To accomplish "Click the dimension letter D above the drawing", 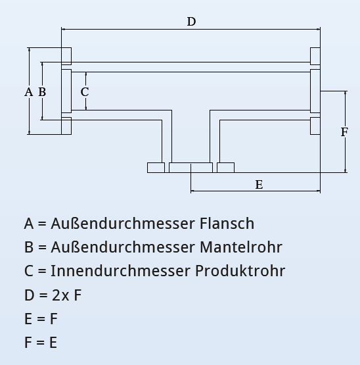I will pos(191,22).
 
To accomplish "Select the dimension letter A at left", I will pos(28,92).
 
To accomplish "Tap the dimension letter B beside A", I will pos(42,92).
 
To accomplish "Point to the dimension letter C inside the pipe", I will pos(85,92).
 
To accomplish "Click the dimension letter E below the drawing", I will pos(259,185).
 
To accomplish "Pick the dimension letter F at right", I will pos(344,132).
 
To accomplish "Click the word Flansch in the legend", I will pos(226,224).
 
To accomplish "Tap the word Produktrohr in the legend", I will pos(240,271).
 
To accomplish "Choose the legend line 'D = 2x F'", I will pos(53,295).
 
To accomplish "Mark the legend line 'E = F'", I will pos(41,318).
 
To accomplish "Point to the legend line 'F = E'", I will pos(41,342).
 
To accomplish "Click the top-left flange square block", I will pos(66,56).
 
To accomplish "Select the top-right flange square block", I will pos(315,56).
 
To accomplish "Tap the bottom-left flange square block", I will pos(66,126).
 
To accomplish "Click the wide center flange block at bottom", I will pos(191,168).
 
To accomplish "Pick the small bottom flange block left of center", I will pos(156,168).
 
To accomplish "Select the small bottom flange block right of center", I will pos(225,168).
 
